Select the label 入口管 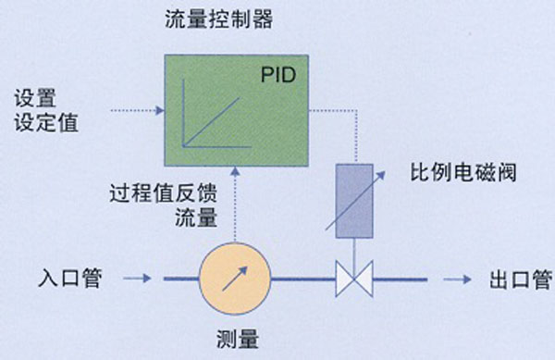69,277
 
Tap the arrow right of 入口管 138,277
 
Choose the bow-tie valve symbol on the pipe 353,277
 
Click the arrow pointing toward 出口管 455,277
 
